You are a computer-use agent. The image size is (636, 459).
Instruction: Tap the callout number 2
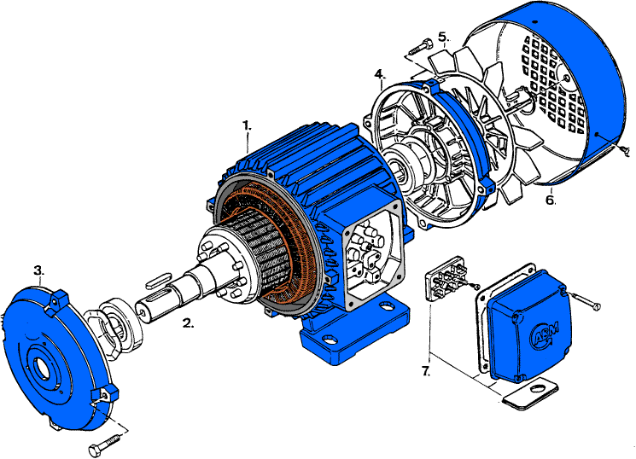189,323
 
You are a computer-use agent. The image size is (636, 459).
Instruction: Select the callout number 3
38,271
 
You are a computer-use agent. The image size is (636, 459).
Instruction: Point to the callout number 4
379,74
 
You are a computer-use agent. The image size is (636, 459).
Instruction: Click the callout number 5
442,37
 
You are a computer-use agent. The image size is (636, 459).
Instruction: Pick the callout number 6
551,200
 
